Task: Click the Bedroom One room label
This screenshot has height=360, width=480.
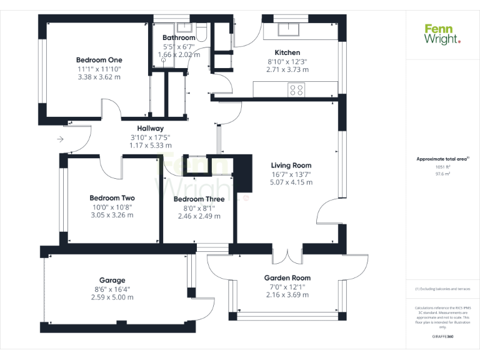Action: (x=99, y=60)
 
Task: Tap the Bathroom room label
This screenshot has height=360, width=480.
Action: (x=179, y=38)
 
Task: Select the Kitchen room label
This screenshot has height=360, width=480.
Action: (x=287, y=52)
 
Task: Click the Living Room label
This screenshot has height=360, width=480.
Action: (x=291, y=166)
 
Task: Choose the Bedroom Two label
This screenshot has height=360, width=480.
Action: (x=112, y=198)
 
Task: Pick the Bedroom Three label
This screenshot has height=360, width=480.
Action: (x=199, y=200)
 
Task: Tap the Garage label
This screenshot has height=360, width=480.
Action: (x=112, y=281)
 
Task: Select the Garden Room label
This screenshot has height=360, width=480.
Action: (x=287, y=278)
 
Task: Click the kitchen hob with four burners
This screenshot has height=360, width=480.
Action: (x=296, y=90)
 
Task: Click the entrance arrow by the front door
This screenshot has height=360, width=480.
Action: (x=60, y=139)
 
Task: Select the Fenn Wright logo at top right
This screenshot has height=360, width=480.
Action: (x=442, y=34)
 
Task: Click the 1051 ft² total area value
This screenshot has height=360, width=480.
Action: (x=442, y=167)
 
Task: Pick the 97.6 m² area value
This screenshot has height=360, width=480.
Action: (x=442, y=174)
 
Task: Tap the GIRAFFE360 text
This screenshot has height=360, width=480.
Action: (x=442, y=336)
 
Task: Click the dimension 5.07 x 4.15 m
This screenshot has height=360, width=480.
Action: (x=291, y=182)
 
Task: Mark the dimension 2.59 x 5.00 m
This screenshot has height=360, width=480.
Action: (x=112, y=297)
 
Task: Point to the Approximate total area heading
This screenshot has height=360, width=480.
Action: (x=441, y=159)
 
